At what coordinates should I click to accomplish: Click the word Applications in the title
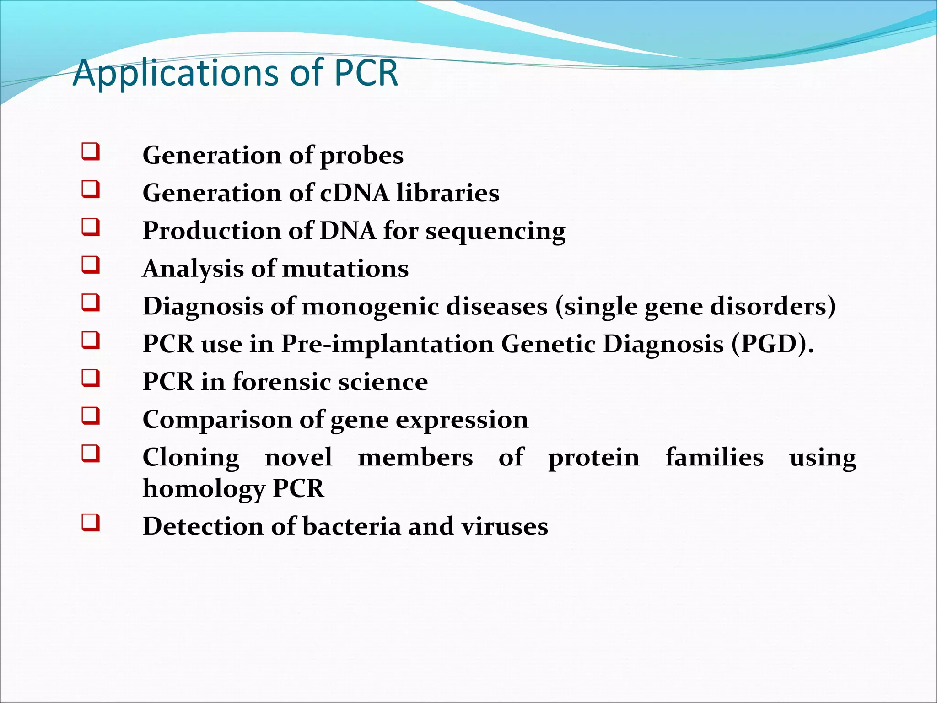pyautogui.click(x=176, y=73)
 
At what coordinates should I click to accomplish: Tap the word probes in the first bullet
pyautogui.click(x=361, y=156)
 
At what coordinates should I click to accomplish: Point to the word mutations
pyautogui.click(x=345, y=269)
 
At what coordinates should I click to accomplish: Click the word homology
pyautogui.click(x=204, y=489)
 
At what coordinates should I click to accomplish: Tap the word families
pyautogui.click(x=714, y=457)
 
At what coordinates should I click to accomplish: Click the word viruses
pyautogui.click(x=504, y=526)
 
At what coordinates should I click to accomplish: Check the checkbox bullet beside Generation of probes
pyautogui.click(x=91, y=151)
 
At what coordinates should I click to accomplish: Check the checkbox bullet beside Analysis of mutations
pyautogui.click(x=91, y=265)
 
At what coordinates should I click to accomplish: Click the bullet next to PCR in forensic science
pyautogui.click(x=91, y=379)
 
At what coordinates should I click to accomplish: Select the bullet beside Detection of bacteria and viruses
pyautogui.click(x=91, y=522)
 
